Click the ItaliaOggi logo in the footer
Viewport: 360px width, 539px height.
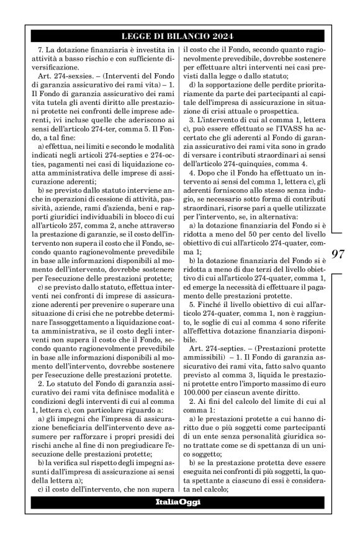(178, 502)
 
